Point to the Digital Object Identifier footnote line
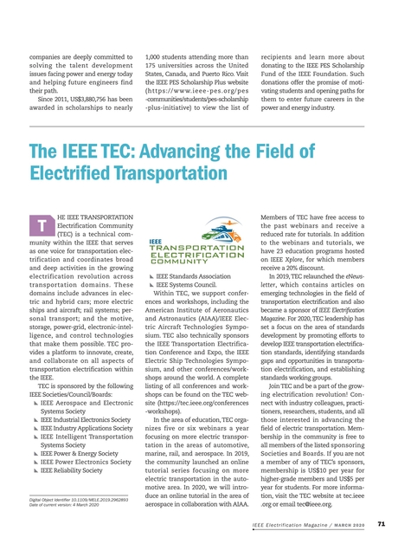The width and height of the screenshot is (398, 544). pos(79,500)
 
